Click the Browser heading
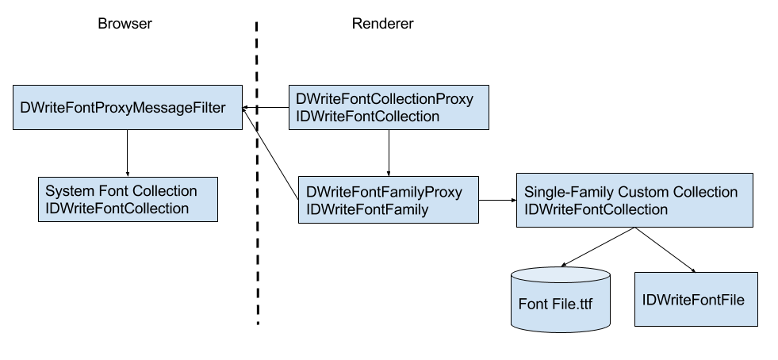click(x=125, y=24)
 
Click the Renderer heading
click(x=382, y=24)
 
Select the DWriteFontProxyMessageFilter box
click(x=128, y=107)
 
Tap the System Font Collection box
click(x=128, y=200)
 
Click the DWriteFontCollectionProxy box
click(x=388, y=108)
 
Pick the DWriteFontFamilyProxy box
click(x=388, y=201)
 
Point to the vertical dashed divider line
click(x=258, y=238)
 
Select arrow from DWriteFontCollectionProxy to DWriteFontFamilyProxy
click(x=388, y=153)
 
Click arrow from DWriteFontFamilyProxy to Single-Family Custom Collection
click(x=497, y=201)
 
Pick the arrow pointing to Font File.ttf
click(x=598, y=247)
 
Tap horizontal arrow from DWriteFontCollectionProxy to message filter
click(x=266, y=108)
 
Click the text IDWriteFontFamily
click(x=367, y=209)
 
